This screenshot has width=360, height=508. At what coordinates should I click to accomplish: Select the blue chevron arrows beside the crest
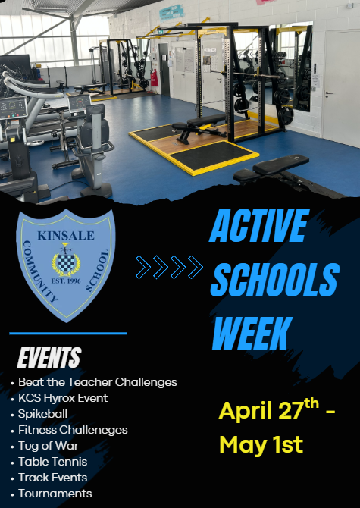point(169,266)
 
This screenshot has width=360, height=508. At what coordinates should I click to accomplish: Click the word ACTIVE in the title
point(258,226)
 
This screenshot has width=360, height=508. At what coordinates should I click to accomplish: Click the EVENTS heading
point(49,357)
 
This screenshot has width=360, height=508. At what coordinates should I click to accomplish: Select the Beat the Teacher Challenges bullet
point(97,382)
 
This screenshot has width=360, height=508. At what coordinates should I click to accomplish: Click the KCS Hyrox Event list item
point(63,398)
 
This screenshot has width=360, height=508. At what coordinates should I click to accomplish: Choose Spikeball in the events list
point(42,414)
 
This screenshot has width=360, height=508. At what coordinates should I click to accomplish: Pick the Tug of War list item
point(49,446)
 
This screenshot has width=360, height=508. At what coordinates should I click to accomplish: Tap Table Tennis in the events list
point(52,462)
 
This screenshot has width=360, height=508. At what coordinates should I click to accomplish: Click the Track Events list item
point(52,478)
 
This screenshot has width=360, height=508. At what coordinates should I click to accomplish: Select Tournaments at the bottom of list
point(55,494)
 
